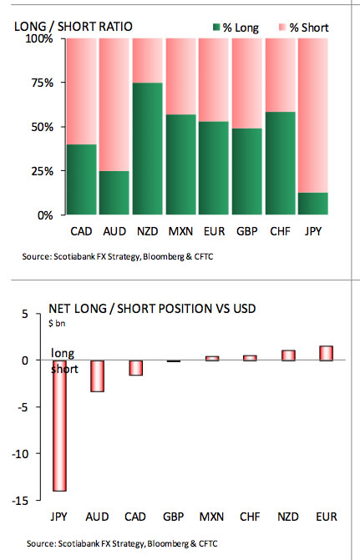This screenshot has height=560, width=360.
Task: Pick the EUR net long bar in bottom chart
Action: tap(326, 353)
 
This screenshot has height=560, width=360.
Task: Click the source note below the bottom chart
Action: tap(117, 543)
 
